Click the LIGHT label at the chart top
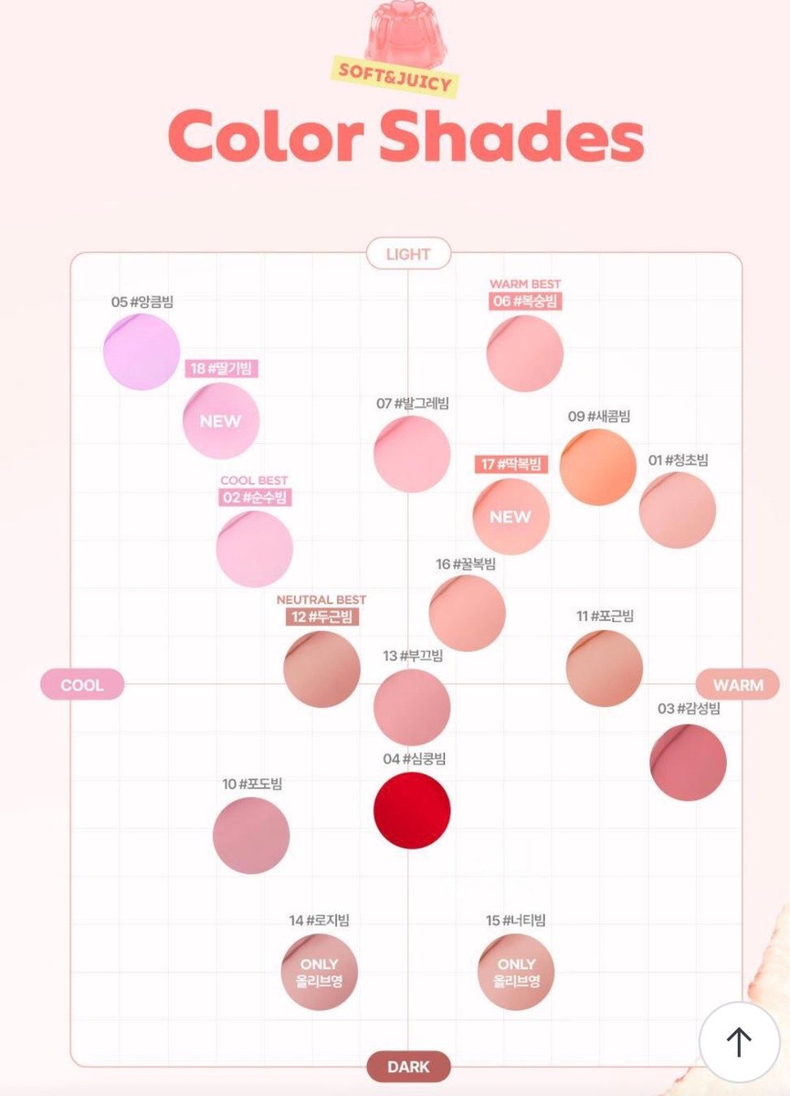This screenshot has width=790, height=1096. (x=408, y=254)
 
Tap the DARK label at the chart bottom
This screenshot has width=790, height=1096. (x=408, y=1067)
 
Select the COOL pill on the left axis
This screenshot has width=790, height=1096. (x=82, y=684)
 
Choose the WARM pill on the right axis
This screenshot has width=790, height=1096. (x=738, y=684)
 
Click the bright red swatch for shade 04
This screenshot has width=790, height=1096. (x=412, y=810)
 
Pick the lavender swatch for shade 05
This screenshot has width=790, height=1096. (x=142, y=352)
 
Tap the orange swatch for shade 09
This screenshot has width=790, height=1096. (x=598, y=467)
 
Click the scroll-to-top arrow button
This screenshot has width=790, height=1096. (x=740, y=1043)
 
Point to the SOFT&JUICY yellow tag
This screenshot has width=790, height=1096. (x=395, y=77)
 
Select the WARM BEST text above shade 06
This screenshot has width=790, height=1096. (x=525, y=284)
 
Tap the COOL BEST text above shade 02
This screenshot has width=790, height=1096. (x=254, y=480)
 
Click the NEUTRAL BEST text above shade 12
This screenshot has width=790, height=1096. (x=321, y=599)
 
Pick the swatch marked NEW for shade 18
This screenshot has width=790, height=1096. (x=221, y=421)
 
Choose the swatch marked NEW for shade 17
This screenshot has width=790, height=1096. (x=511, y=517)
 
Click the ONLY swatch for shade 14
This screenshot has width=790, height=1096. (x=320, y=972)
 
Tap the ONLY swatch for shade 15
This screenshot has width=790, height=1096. (x=516, y=972)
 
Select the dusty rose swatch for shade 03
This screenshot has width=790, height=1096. (x=689, y=763)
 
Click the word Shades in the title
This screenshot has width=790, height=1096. (x=511, y=135)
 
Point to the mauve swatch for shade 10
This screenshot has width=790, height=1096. (x=251, y=836)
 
